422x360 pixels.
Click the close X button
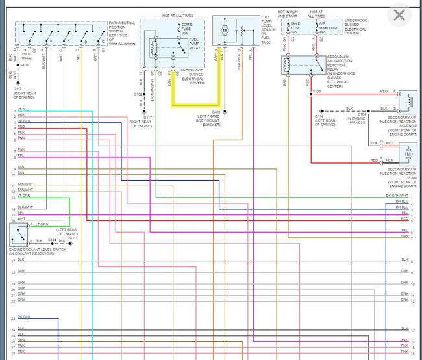(x=399, y=15)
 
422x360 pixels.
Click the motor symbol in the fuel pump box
(x=225, y=31)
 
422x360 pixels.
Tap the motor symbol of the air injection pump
(x=409, y=154)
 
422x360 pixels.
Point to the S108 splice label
(x=316, y=92)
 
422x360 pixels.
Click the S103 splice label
(x=24, y=65)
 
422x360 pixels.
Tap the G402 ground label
(x=216, y=111)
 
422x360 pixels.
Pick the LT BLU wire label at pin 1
(x=23, y=109)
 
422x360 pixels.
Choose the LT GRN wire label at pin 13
(x=24, y=195)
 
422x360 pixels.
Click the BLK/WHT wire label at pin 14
(x=25, y=207)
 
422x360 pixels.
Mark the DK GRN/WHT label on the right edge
(x=397, y=196)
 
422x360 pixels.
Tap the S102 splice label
(x=138, y=94)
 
